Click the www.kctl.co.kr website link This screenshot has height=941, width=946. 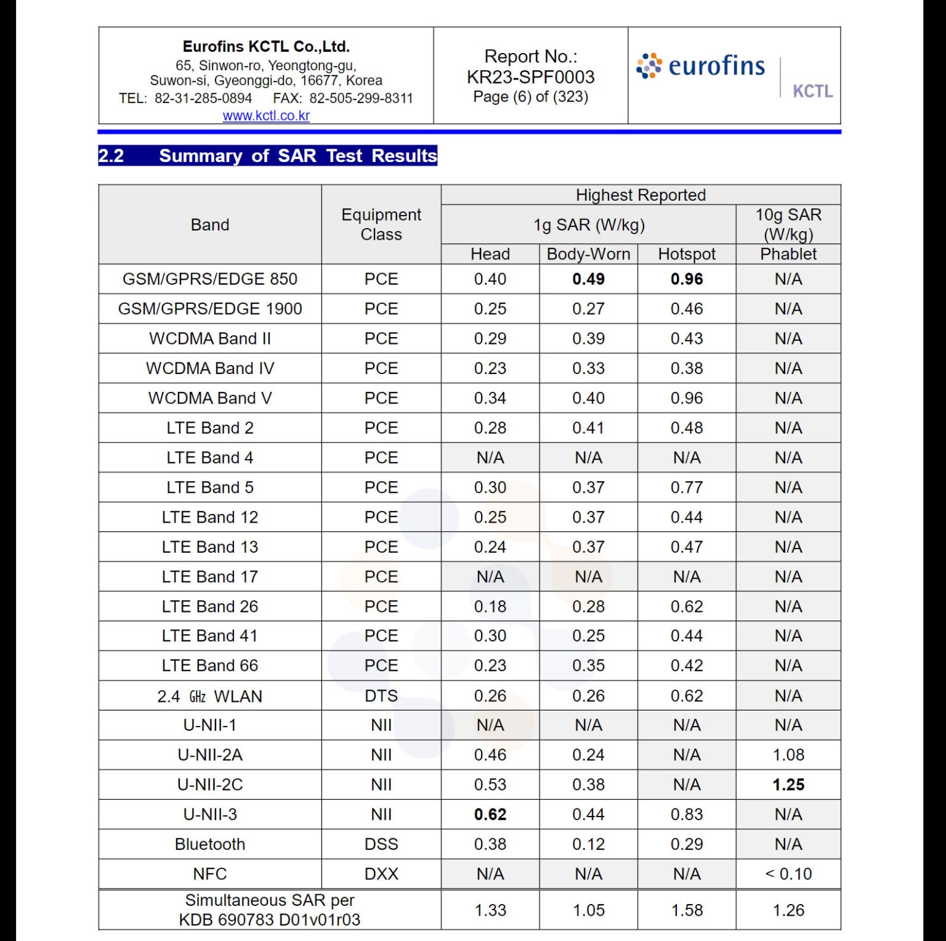266,115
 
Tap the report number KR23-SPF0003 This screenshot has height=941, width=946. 530,77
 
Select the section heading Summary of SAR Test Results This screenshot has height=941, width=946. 297,156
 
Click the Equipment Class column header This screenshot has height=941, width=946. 381,224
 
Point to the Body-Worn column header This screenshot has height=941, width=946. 588,254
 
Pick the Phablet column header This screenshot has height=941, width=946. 788,254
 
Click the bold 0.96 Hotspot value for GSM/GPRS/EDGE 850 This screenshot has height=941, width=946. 687,279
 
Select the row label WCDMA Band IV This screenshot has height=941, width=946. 210,369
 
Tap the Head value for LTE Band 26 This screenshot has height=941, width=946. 490,606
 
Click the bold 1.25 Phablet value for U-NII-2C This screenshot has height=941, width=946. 788,784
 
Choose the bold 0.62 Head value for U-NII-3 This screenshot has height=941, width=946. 490,815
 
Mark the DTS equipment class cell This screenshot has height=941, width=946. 381,696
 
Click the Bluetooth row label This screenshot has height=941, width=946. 210,844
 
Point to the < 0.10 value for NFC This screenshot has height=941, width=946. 788,874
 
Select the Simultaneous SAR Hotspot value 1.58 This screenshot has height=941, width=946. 687,910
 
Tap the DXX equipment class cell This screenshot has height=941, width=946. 381,874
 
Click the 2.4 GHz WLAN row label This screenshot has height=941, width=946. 210,696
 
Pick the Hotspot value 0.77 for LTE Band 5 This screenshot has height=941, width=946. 687,487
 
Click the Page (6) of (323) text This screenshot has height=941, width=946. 530,97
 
